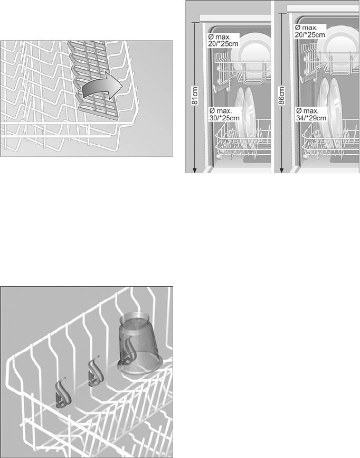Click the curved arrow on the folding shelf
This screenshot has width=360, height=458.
(x=102, y=88)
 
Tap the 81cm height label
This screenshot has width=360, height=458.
(x=195, y=96)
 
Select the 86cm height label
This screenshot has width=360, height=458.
(x=281, y=96)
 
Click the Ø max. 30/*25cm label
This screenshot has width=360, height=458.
(x=224, y=114)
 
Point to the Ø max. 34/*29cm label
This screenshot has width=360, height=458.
(x=311, y=114)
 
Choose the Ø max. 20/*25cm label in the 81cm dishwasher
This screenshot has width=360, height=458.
(x=224, y=40)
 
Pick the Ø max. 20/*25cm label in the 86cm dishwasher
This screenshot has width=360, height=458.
(x=309, y=31)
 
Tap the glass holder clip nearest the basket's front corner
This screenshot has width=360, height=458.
(x=63, y=396)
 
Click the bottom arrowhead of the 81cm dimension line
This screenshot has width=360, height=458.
(x=195, y=171)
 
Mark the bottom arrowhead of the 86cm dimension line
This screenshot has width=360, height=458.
(x=281, y=171)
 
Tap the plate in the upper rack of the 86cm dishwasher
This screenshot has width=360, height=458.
(x=339, y=46)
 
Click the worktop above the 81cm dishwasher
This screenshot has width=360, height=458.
(x=235, y=18)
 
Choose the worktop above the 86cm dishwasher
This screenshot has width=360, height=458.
(x=323, y=8)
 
